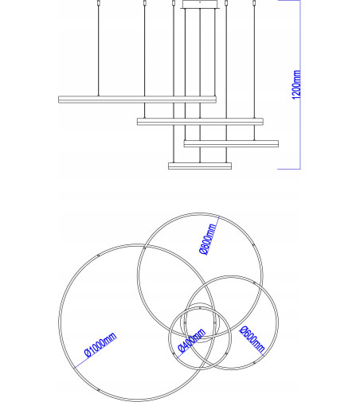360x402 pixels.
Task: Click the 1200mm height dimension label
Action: (296, 84)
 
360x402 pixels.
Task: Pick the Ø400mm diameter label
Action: (192, 340)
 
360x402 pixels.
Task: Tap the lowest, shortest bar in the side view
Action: (199, 166)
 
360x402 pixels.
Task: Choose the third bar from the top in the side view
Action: (231, 143)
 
